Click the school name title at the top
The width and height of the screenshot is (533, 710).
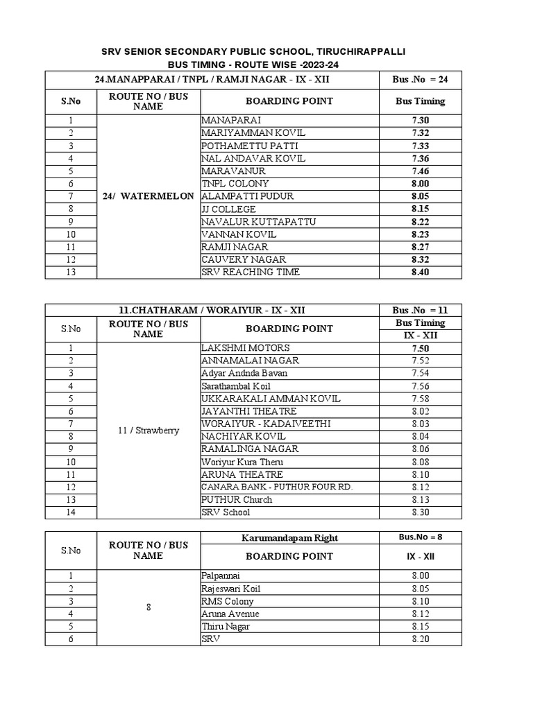253,52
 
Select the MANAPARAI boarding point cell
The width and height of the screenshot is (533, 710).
232,120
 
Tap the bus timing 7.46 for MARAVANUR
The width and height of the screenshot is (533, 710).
421,171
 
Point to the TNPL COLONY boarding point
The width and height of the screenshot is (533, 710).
235,184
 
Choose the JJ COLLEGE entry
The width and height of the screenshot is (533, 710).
228,209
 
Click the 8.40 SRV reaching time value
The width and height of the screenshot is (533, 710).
421,272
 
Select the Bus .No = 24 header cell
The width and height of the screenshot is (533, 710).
421,80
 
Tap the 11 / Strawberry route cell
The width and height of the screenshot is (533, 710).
149,430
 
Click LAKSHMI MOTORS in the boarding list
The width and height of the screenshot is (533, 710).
246,347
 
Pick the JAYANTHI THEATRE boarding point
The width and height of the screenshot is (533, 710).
248,411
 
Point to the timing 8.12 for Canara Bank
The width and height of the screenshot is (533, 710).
421,487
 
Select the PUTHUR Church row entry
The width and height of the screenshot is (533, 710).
237,500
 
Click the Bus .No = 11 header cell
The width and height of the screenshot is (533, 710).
421,310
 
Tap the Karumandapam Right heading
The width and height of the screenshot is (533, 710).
289,537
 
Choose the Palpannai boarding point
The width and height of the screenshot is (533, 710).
220,575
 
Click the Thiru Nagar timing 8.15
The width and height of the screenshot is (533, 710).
421,626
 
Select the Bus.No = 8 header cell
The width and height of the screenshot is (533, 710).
421,537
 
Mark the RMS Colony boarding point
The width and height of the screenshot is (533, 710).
228,601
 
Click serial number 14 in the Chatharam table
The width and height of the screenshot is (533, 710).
71,512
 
